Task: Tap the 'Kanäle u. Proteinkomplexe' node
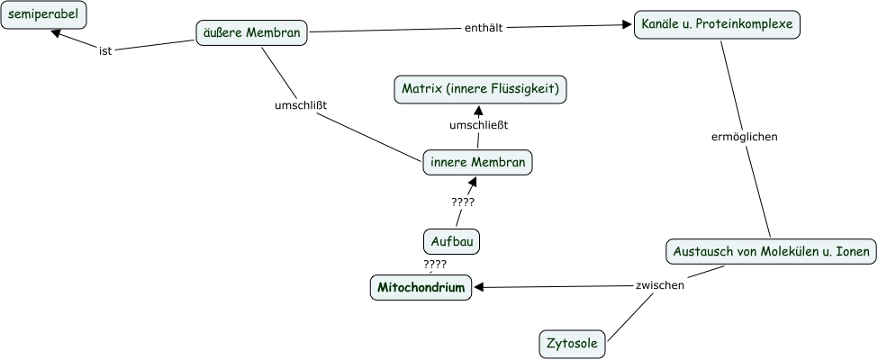coord(717,24)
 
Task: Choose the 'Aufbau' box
coord(451,241)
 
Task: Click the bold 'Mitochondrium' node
coord(421,288)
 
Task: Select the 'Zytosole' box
coord(572,343)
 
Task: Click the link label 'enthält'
coord(484,28)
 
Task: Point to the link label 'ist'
coord(105,50)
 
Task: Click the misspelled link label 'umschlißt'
coord(300,105)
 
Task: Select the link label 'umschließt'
coord(478,125)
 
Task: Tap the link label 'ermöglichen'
coord(744,137)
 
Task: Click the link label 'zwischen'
coord(660,285)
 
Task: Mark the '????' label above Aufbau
coord(463,202)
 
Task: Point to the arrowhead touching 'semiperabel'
coord(57,33)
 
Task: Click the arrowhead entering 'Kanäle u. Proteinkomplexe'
coord(628,26)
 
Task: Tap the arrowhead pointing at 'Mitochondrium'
coord(479,288)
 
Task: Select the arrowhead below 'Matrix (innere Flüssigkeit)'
coord(480,106)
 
